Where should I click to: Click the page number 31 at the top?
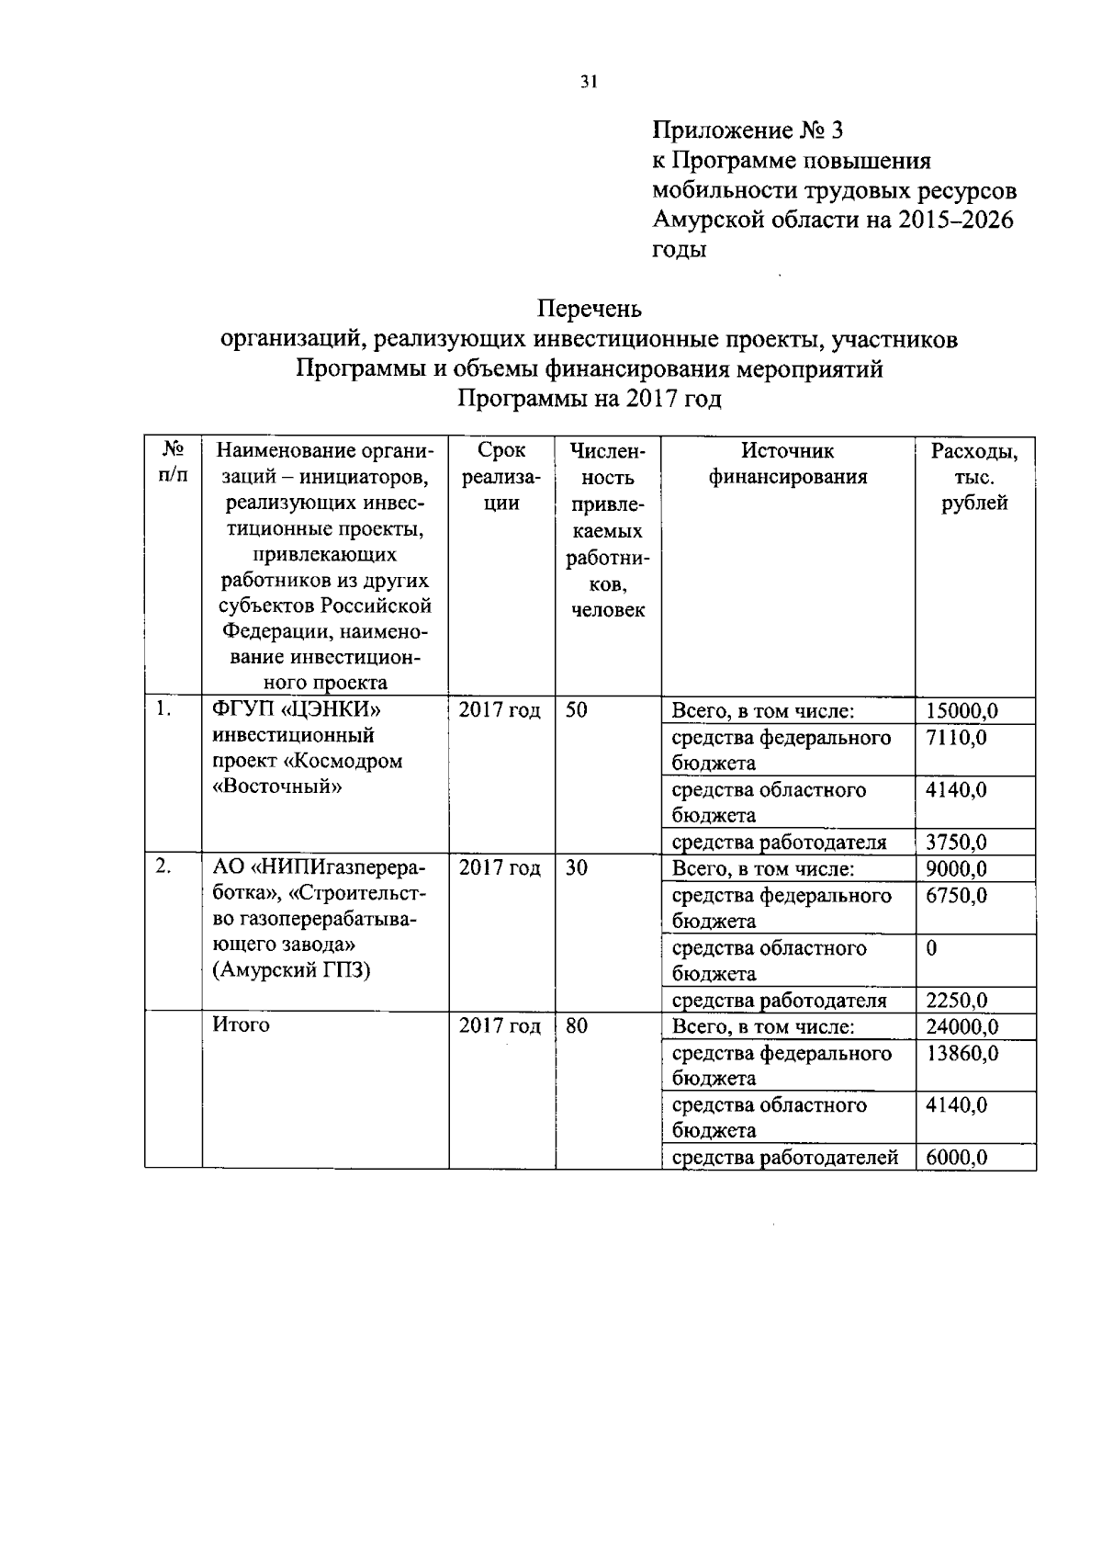pos(589,82)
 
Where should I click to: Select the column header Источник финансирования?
pos(787,464)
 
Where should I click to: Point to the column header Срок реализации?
pos(500,477)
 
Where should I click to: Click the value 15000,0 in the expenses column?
pos(961,711)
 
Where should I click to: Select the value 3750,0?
pos(956,843)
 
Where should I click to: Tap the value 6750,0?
pos(956,896)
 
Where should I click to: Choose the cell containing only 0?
pos(932,948)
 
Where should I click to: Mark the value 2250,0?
pos(956,1001)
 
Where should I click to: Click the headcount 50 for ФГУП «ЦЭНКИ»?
pos(577,710)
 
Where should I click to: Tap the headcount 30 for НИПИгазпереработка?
pos(577,868)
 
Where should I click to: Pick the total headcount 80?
pos(577,1026)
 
